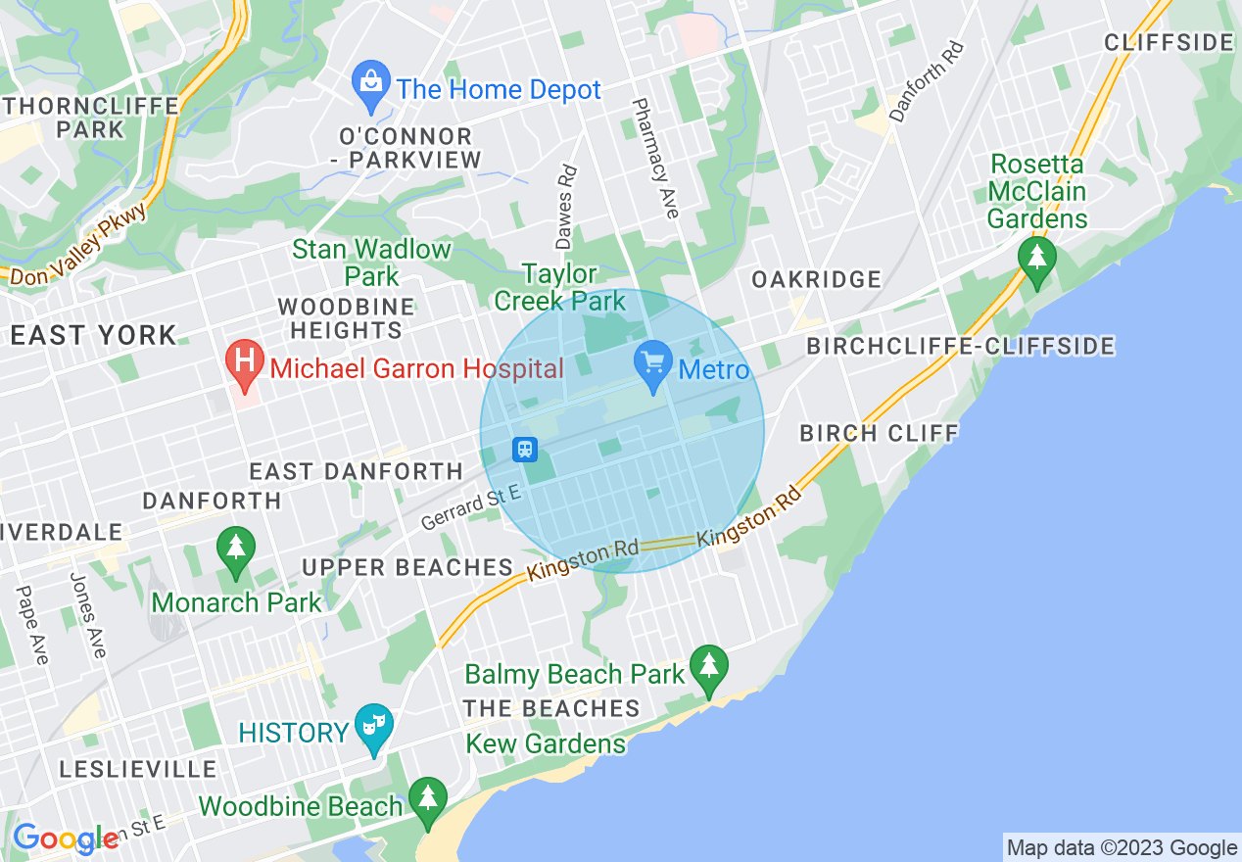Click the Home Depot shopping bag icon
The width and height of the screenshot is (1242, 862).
[x=371, y=86]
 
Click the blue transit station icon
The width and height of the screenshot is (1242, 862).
[x=525, y=450]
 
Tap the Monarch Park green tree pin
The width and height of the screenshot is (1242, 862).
[x=235, y=551]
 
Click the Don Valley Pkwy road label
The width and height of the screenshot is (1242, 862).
[x=79, y=244]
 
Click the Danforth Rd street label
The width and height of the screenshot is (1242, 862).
[x=927, y=81]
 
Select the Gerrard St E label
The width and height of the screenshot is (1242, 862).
[x=471, y=507]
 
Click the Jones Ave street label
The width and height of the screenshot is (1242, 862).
[x=87, y=614]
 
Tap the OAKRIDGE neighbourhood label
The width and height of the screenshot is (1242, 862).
[x=816, y=280]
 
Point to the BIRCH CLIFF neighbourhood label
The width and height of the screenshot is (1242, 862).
[x=879, y=433]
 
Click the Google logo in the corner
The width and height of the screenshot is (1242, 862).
[x=65, y=838]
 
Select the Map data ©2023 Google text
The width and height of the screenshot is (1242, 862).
[x=1122, y=848]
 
